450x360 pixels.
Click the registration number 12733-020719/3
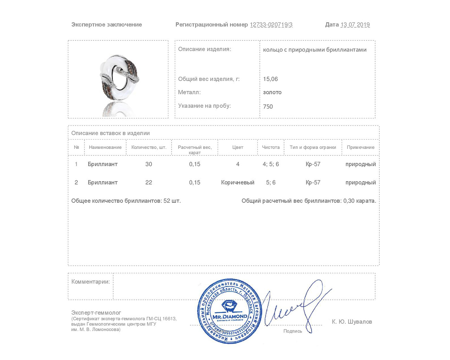[x=271, y=25]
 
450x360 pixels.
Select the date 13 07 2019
[x=355, y=25]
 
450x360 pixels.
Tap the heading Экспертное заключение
[x=107, y=25]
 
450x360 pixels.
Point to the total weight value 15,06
[x=270, y=79]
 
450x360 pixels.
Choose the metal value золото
[x=272, y=92]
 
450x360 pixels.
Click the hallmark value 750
[x=268, y=107]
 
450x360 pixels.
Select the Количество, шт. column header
[x=149, y=147]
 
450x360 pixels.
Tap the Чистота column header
[x=271, y=147]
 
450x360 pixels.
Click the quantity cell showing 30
[x=149, y=164]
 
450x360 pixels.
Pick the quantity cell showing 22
[x=149, y=182]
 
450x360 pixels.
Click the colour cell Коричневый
[x=238, y=182]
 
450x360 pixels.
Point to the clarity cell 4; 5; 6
[x=271, y=164]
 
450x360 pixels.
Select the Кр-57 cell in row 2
[x=313, y=182]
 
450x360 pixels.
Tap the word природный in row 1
[x=360, y=164]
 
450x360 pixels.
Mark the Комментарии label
[x=90, y=282]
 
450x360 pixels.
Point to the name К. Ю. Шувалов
[x=352, y=322]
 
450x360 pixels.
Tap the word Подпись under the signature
[x=292, y=331]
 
